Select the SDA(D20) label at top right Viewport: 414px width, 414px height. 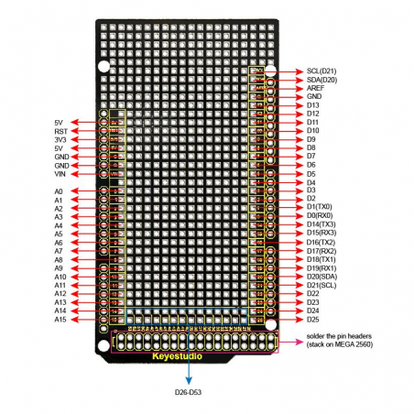click(x=323, y=80)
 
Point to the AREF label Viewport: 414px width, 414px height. click(x=316, y=88)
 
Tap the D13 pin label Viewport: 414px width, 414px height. click(x=313, y=105)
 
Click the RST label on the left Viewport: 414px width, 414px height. click(x=59, y=131)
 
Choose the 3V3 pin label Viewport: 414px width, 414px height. click(x=59, y=139)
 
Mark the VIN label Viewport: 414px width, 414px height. click(x=59, y=174)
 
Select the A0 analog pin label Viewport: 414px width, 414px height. click(x=59, y=191)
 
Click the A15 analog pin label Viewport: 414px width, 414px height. click(x=60, y=320)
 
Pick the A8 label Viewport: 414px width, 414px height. click(x=59, y=260)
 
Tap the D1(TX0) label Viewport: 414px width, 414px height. click(x=321, y=207)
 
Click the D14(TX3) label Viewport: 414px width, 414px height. click(x=322, y=224)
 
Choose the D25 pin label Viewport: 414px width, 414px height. click(x=313, y=319)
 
